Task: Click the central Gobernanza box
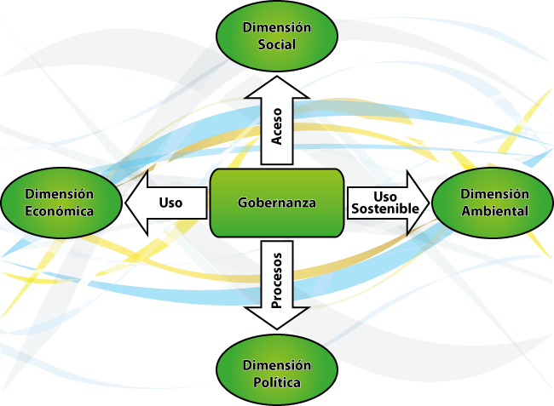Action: tap(277, 203)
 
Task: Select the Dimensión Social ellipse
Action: tap(277, 35)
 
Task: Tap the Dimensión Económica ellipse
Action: tap(59, 203)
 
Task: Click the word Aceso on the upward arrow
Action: tap(277, 125)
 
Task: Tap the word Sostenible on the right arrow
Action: tap(384, 209)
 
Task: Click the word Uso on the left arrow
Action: tap(170, 203)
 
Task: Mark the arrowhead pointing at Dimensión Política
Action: tap(277, 319)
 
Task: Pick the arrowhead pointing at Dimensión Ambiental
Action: tap(419, 203)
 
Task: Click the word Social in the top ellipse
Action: tap(277, 44)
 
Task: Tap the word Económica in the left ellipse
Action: tap(59, 212)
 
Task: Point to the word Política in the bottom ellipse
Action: tap(277, 383)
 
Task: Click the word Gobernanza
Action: tap(277, 203)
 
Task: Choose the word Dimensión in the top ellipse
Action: tap(277, 27)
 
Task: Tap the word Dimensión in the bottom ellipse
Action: tap(277, 365)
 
